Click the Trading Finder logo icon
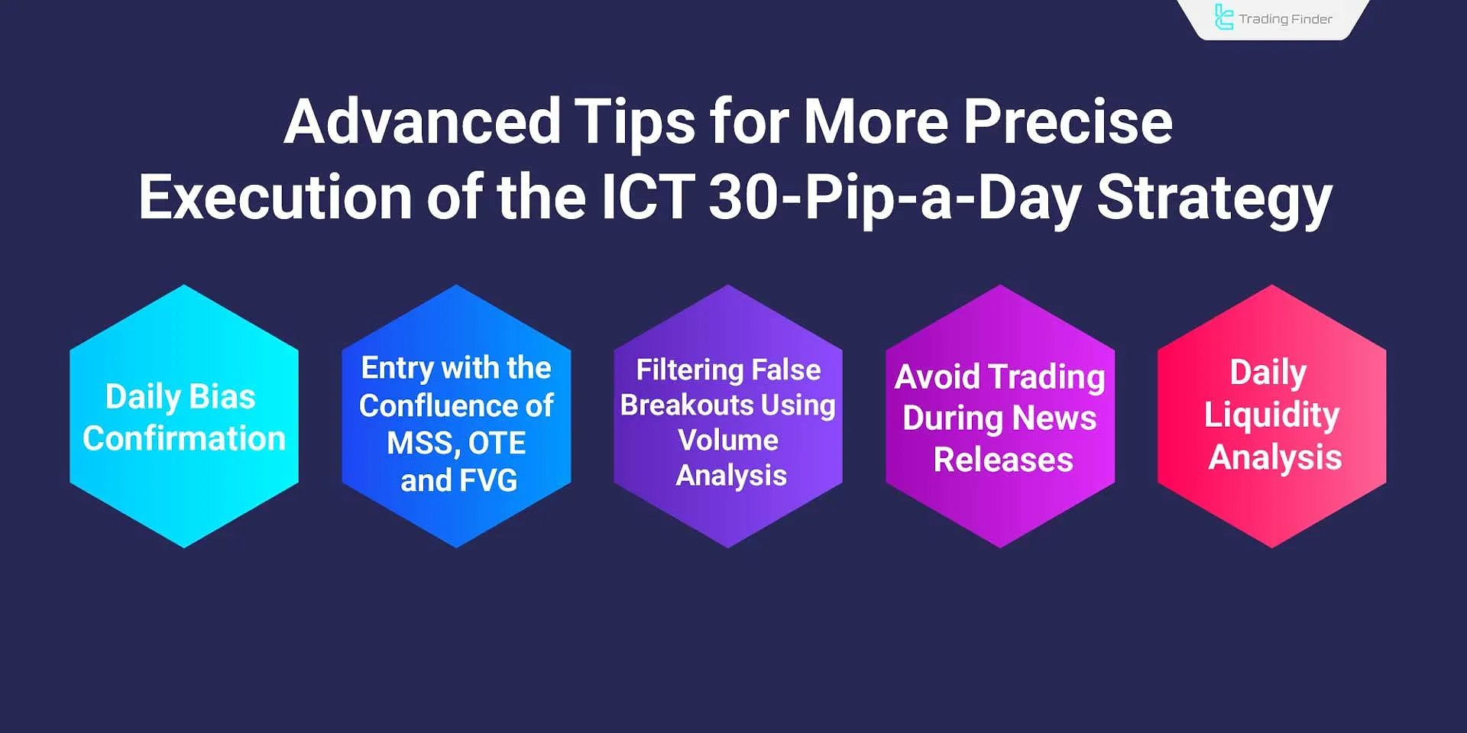(1223, 18)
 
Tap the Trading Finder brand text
(1285, 19)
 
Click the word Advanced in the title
(423, 122)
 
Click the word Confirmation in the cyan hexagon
(184, 439)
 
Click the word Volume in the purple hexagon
(728, 441)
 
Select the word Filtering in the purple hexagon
(691, 370)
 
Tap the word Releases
(1003, 460)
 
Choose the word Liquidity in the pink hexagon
(1271, 415)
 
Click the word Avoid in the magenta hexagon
(937, 377)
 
